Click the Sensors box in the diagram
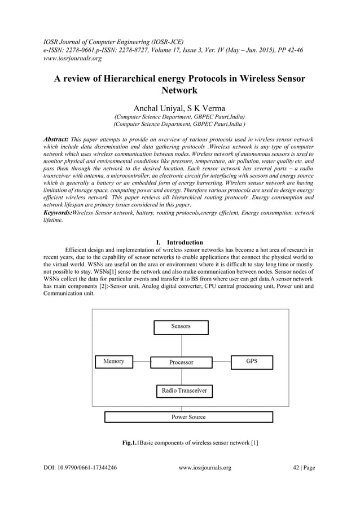[x=181, y=327]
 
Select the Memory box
[x=113, y=361]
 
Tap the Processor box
[x=181, y=362]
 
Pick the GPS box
[x=252, y=361]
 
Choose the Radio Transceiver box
[x=184, y=390]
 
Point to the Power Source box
[x=188, y=417]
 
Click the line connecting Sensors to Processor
[x=181, y=345]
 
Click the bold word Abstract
[x=56, y=139]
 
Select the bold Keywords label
[x=58, y=213]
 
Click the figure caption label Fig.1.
[x=130, y=442]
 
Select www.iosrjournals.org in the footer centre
[x=205, y=468]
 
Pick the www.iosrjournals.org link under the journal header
[x=73, y=58]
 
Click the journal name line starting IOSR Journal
[x=115, y=41]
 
